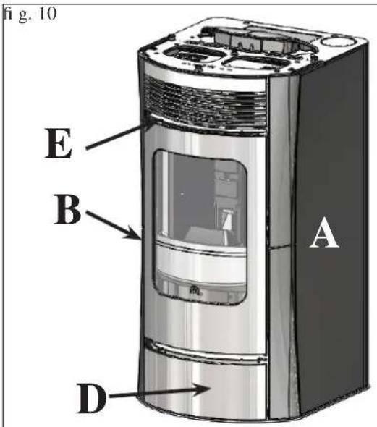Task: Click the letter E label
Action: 59,143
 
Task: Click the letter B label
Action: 67,209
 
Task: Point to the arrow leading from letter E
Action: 119,135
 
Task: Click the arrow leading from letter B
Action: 114,225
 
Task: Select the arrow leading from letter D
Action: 159,392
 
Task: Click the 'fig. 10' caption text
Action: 30,14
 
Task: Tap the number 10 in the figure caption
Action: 48,13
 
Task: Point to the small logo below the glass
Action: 195,290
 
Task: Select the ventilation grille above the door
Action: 205,104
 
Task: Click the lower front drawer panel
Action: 205,387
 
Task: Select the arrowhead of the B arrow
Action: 133,233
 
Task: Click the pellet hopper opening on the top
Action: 258,41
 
